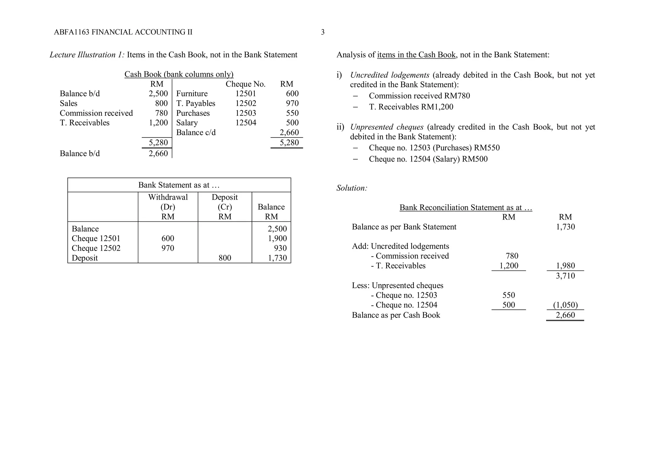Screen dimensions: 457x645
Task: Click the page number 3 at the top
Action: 322,32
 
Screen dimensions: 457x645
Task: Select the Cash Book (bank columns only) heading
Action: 179,74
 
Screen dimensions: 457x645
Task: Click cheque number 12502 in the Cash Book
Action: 246,103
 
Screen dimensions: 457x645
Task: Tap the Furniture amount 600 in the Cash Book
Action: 292,94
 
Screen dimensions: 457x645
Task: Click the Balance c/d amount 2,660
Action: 289,132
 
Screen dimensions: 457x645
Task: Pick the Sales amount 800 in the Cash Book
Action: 161,103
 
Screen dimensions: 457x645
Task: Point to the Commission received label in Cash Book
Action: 96,113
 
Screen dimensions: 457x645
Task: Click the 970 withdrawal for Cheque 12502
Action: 168,248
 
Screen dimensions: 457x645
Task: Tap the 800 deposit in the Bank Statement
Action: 225,258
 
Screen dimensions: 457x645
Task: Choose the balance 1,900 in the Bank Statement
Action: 277,238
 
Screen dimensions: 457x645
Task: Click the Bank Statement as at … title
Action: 179,185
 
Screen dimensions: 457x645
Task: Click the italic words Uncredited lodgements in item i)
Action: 390,75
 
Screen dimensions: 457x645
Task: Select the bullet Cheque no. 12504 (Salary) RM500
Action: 428,159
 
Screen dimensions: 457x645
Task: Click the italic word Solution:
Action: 352,188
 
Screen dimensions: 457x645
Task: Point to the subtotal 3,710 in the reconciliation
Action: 565,276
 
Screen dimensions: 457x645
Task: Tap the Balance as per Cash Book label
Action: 396,315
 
